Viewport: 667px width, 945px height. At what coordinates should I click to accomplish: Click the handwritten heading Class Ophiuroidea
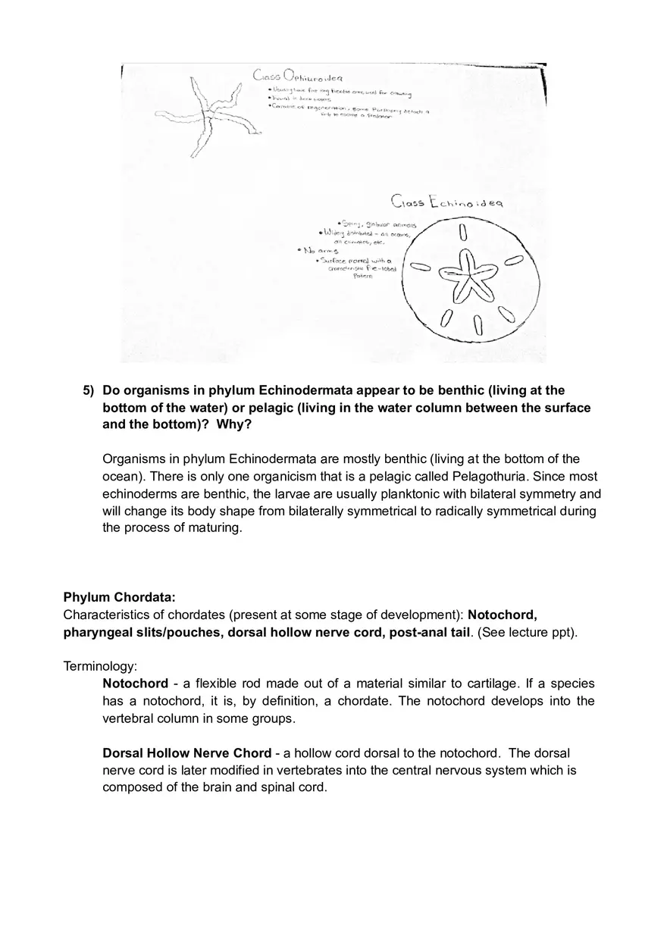pyautogui.click(x=298, y=76)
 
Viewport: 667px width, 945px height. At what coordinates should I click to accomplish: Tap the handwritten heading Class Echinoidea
pyautogui.click(x=447, y=202)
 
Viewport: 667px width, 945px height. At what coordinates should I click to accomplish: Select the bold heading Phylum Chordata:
pyautogui.click(x=119, y=597)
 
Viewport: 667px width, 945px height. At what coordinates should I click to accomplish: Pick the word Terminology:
pyautogui.click(x=100, y=666)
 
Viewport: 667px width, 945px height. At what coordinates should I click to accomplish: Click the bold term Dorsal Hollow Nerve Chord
pyautogui.click(x=186, y=753)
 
